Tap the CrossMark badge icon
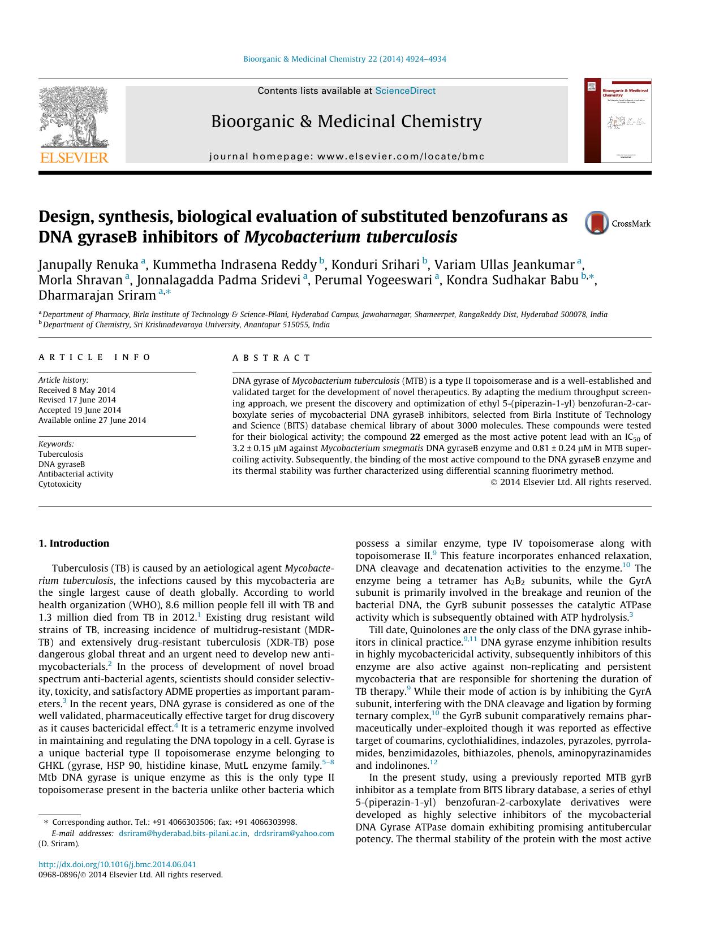(x=597, y=223)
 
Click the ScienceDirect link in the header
(x=405, y=90)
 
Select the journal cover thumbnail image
(x=618, y=121)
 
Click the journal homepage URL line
(x=347, y=157)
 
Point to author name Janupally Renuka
(x=88, y=265)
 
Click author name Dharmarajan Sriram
(x=97, y=296)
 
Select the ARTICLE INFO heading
(x=94, y=357)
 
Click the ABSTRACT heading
(x=272, y=358)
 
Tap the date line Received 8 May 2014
(x=77, y=390)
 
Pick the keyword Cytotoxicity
(x=60, y=484)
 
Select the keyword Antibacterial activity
(x=76, y=474)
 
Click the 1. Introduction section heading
(x=74, y=543)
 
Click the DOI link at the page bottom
(x=117, y=864)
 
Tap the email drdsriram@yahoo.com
(x=294, y=833)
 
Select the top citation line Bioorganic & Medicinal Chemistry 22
(x=344, y=59)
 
